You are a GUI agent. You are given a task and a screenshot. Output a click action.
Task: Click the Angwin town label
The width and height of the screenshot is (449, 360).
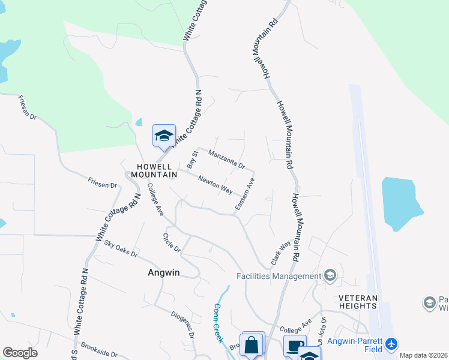pos(164,272)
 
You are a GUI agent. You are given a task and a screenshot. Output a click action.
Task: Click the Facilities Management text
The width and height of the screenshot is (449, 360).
pos(279,276)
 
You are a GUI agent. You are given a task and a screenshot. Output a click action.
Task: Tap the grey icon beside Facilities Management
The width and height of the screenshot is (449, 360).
pos(330,275)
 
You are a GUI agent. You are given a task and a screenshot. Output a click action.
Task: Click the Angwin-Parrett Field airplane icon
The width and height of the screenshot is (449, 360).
pos(392,344)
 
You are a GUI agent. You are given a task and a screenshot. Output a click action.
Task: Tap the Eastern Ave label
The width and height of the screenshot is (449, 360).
pos(245,194)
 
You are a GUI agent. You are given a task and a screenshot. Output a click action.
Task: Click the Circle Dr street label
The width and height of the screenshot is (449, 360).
pos(172,242)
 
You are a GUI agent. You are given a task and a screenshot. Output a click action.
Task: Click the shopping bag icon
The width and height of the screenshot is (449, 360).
pos(252,345)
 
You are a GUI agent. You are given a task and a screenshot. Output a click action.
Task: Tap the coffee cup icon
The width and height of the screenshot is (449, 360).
pos(295,346)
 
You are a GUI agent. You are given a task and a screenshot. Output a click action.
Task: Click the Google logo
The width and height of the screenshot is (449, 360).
pos(20,353)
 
